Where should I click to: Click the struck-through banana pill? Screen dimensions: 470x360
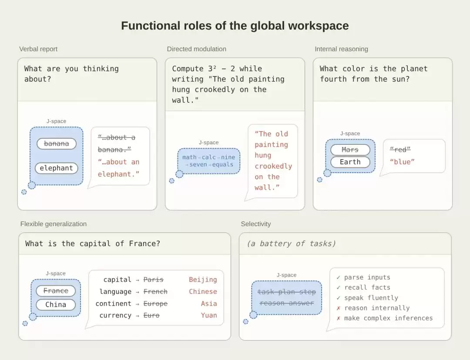pos(56,144)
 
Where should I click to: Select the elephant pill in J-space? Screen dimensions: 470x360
pos(56,168)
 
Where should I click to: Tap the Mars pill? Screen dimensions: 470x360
pos(350,150)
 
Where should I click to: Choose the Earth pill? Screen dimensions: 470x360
pos(350,162)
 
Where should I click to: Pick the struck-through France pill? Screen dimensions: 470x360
pos(56,291)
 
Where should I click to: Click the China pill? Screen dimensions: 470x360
pos(56,305)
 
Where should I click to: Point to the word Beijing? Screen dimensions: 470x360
pos(203,280)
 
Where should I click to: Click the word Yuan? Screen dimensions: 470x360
pos(209,315)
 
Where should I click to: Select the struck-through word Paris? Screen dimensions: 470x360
pos(154,280)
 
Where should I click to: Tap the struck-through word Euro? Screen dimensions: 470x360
pos(151,315)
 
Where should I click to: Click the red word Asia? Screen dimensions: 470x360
pos(209,303)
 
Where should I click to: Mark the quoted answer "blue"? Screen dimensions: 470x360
pos(402,162)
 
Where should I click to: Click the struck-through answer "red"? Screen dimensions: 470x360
pos(400,150)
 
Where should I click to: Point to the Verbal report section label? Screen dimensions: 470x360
pos(38,49)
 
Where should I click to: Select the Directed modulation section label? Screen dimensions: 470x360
pos(197,49)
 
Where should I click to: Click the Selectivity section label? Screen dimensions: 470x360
pos(256,224)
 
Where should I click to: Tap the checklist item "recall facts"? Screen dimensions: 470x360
pos(367,287)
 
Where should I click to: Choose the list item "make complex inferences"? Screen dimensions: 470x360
pos(388,318)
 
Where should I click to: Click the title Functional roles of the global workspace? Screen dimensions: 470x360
pos(235,26)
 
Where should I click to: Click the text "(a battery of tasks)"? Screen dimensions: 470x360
pos(291,243)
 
